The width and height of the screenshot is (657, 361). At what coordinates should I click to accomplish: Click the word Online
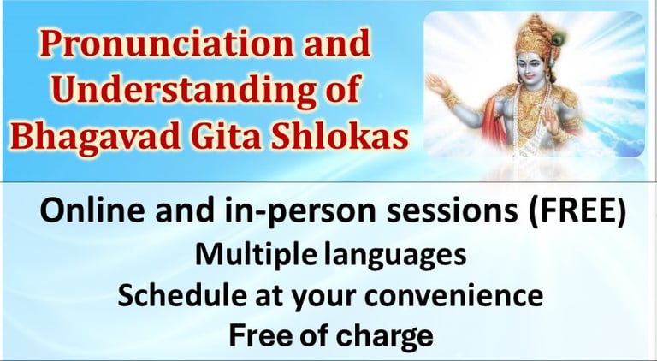point(93,210)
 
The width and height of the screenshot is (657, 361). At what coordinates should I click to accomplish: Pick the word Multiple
point(255,255)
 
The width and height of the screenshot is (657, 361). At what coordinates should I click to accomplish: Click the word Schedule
point(182,295)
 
